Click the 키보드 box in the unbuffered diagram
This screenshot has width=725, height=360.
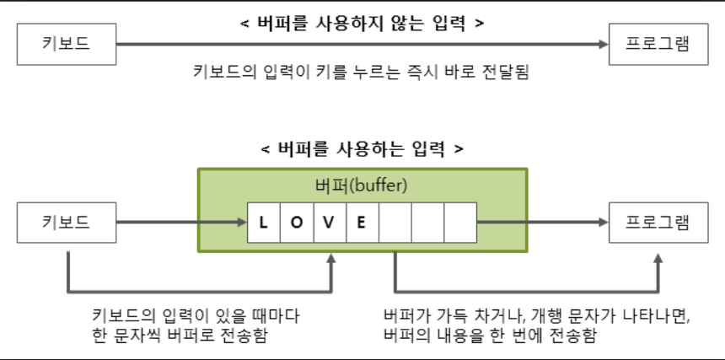pyautogui.click(x=66, y=45)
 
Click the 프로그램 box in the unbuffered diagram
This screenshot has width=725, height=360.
pyautogui.click(x=658, y=45)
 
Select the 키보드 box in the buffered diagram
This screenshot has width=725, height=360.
pyautogui.click(x=66, y=223)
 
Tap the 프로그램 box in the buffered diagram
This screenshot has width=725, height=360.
pyautogui.click(x=658, y=223)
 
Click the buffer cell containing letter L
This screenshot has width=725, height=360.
pyautogui.click(x=263, y=223)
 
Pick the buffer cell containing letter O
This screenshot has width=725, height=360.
pyautogui.click(x=296, y=223)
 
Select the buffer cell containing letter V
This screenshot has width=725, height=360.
pyautogui.click(x=329, y=223)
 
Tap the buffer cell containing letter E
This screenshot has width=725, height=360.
pyautogui.click(x=362, y=223)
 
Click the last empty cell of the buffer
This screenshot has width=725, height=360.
pyautogui.click(x=460, y=223)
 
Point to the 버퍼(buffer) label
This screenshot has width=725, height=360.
pyautogui.click(x=362, y=185)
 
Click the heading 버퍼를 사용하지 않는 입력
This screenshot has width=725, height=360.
pyautogui.click(x=362, y=23)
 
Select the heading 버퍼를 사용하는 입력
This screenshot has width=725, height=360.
pyautogui.click(x=362, y=149)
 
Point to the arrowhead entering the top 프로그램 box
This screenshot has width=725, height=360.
pyautogui.click(x=602, y=45)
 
